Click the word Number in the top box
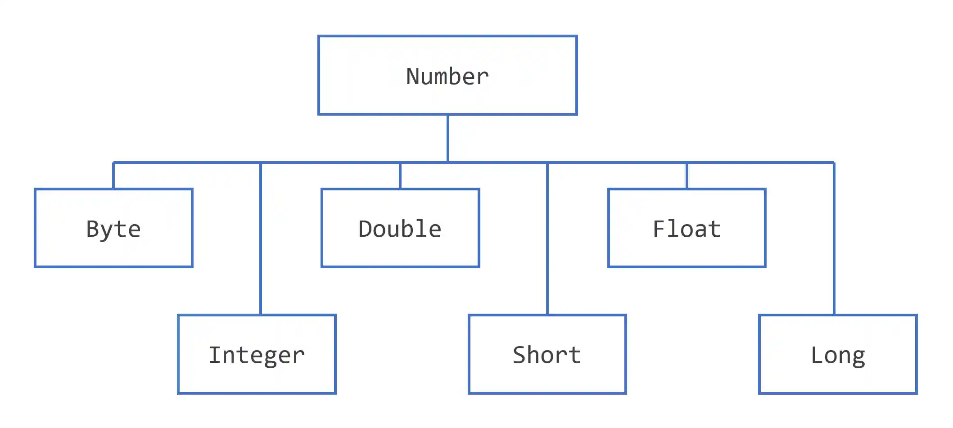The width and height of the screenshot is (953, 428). click(447, 77)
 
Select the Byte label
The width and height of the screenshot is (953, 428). click(113, 229)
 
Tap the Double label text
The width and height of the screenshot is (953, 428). click(400, 229)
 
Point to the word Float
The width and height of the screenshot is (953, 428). click(687, 229)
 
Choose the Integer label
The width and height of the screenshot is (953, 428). click(257, 355)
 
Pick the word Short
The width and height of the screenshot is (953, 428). click(547, 355)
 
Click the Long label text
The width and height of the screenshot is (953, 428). click(838, 355)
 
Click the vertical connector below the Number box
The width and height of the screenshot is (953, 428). click(447, 138)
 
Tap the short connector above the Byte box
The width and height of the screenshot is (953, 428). click(113, 176)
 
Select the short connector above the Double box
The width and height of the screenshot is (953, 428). click(400, 176)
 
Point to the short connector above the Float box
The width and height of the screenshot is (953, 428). click(687, 176)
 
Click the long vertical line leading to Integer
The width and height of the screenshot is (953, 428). click(261, 239)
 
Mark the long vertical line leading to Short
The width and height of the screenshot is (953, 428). click(547, 239)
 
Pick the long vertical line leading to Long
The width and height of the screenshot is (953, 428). click(834, 239)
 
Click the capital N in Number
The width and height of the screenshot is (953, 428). click(413, 77)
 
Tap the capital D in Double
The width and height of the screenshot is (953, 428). click(366, 229)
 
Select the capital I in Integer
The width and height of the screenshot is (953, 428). click(216, 355)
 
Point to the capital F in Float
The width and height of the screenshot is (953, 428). click(659, 229)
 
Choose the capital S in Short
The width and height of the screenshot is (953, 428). click(520, 355)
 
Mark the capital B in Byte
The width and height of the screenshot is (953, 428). click(93, 229)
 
